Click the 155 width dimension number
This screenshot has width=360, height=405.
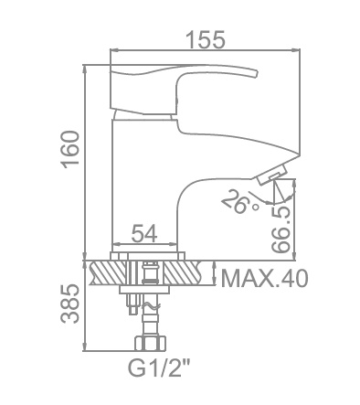(x=206, y=39)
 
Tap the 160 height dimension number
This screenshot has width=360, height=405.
(x=70, y=149)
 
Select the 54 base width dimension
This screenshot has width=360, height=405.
(x=144, y=233)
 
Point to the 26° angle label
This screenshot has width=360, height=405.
(x=240, y=201)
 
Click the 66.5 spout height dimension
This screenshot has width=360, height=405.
(x=281, y=229)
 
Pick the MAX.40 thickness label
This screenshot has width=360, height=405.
(x=264, y=278)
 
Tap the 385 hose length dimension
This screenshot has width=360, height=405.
(x=69, y=304)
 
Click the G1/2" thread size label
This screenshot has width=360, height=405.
(x=158, y=368)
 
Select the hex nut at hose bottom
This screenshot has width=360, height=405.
(x=151, y=343)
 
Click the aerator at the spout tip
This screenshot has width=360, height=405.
(x=272, y=175)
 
